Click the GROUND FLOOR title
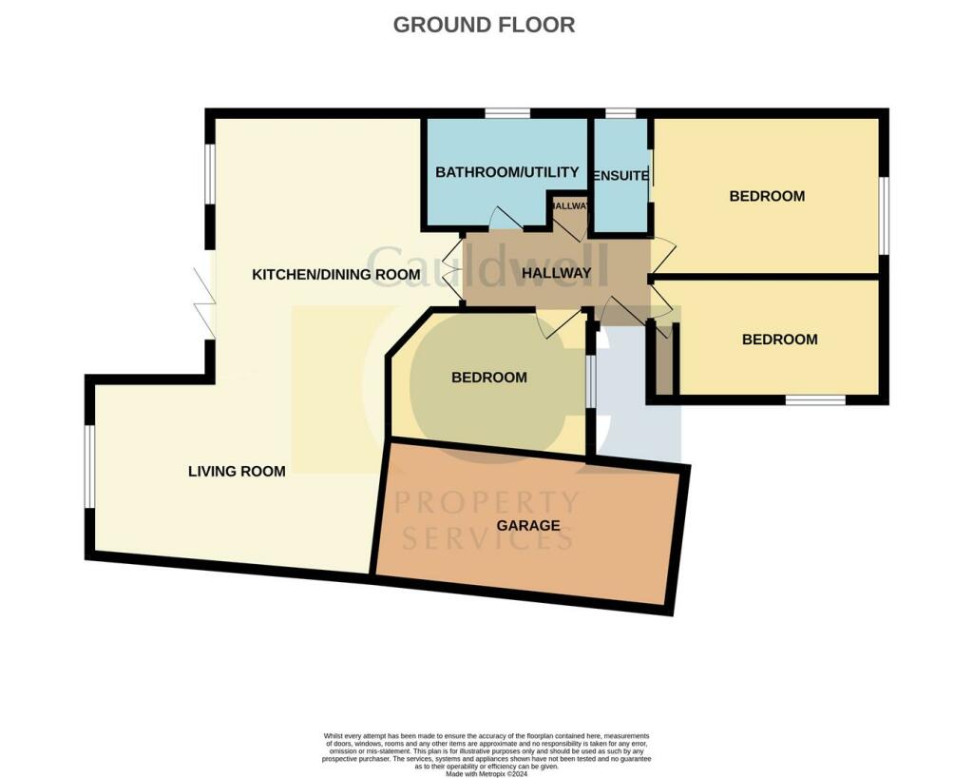(484, 25)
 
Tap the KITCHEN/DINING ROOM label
(335, 275)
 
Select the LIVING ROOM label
(237, 471)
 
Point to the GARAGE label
(527, 525)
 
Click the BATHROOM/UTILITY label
(506, 172)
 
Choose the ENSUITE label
(620, 176)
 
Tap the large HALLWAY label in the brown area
(557, 274)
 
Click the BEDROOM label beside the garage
(488, 378)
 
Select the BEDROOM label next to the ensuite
(767, 196)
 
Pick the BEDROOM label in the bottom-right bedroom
(779, 340)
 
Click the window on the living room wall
(88, 466)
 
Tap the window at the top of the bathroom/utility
(506, 114)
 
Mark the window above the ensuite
(620, 114)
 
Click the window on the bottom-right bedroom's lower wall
(815, 400)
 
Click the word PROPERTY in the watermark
(486, 502)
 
